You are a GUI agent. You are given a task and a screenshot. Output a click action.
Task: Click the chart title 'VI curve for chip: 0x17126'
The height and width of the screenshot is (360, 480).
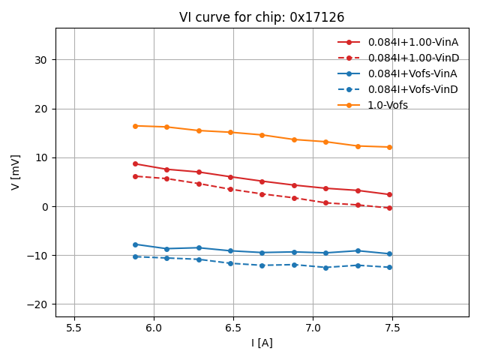(262, 17)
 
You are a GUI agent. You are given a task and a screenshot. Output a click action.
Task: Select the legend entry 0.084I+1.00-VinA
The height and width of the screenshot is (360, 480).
(412, 42)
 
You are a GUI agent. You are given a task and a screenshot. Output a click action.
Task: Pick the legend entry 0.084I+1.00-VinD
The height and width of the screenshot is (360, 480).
(412, 58)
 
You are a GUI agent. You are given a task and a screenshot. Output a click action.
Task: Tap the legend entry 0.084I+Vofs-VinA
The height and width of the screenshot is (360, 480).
(412, 73)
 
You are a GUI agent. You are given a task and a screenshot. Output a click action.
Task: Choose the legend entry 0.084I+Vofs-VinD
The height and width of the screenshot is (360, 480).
(412, 89)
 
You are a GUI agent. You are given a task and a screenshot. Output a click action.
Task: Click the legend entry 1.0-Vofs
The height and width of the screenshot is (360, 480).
(388, 105)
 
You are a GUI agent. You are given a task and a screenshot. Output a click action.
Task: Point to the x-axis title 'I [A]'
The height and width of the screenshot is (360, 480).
(262, 343)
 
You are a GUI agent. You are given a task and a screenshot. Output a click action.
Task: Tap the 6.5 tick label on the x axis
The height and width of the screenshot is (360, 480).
(233, 328)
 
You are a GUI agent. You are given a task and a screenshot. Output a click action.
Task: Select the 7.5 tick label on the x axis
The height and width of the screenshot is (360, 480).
(392, 328)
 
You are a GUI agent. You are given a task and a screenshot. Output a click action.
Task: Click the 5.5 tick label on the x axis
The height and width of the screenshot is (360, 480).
(74, 328)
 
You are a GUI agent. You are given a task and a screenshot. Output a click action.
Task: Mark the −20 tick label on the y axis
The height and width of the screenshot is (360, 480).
(38, 304)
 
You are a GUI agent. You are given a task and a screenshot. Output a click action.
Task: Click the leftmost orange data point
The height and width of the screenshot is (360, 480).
(135, 126)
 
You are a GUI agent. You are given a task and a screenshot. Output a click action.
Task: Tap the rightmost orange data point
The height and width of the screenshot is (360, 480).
(389, 147)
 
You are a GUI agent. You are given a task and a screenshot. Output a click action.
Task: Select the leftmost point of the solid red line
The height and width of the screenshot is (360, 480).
(135, 163)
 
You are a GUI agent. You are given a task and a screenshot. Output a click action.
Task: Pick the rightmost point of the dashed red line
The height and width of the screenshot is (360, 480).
(389, 208)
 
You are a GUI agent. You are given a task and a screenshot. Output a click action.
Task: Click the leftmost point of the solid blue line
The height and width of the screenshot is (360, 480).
(135, 244)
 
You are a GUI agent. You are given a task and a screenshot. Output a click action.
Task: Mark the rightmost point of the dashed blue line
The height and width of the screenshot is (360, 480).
(389, 267)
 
